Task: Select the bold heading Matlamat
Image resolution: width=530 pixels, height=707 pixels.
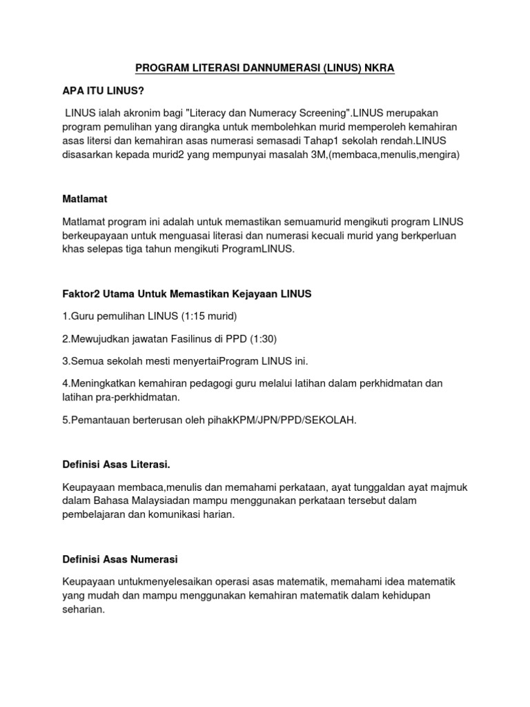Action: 85,199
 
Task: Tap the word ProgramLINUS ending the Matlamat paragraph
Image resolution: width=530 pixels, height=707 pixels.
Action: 259,251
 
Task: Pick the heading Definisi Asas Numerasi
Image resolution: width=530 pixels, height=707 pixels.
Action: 120,559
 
